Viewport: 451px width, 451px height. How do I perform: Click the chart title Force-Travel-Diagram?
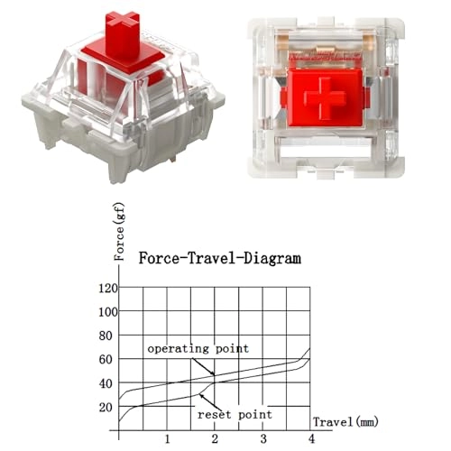pos(219,258)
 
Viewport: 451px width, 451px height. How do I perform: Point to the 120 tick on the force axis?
pos(106,289)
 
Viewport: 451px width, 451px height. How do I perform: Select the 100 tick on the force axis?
pos(106,312)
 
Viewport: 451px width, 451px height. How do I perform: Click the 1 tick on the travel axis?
pos(167,438)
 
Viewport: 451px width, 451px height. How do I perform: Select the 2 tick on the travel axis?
pos(215,438)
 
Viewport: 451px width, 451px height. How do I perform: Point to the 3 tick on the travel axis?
pos(262,438)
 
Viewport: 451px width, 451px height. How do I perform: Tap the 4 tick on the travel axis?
pos(310,438)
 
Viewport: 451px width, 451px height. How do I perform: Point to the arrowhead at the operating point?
pos(213,373)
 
